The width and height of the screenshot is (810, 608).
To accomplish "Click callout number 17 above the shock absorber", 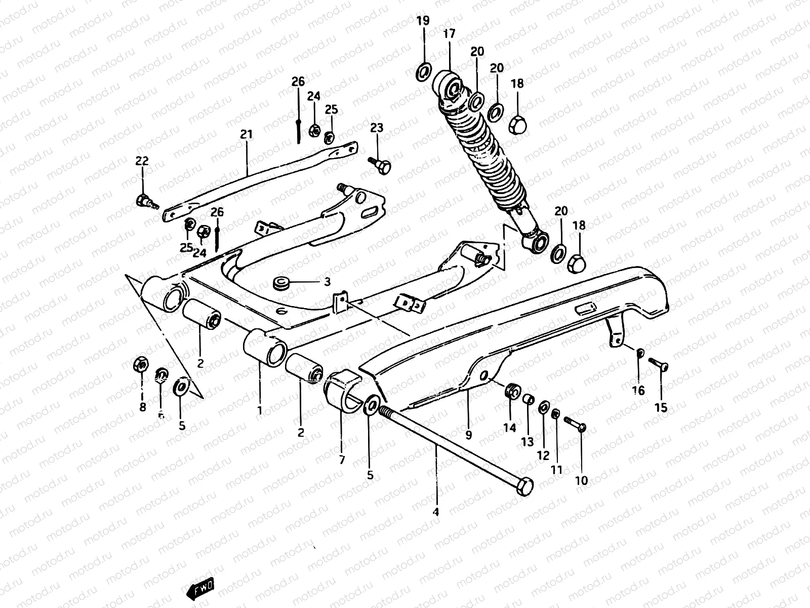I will (x=449, y=34).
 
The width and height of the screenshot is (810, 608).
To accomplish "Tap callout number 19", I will (x=423, y=21).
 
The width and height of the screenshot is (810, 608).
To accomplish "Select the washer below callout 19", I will (x=424, y=71).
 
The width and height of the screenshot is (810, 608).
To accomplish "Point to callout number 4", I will (x=436, y=512).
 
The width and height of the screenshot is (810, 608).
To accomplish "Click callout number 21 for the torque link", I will (x=246, y=134).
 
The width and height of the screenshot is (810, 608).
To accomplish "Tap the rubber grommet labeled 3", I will (x=280, y=283).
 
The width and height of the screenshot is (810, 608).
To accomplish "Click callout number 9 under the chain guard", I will (x=468, y=435).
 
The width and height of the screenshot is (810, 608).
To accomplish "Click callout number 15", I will (x=661, y=407).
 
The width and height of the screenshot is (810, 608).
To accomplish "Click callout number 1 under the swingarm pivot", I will (x=260, y=410).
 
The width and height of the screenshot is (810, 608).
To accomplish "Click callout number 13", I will (x=527, y=442).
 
